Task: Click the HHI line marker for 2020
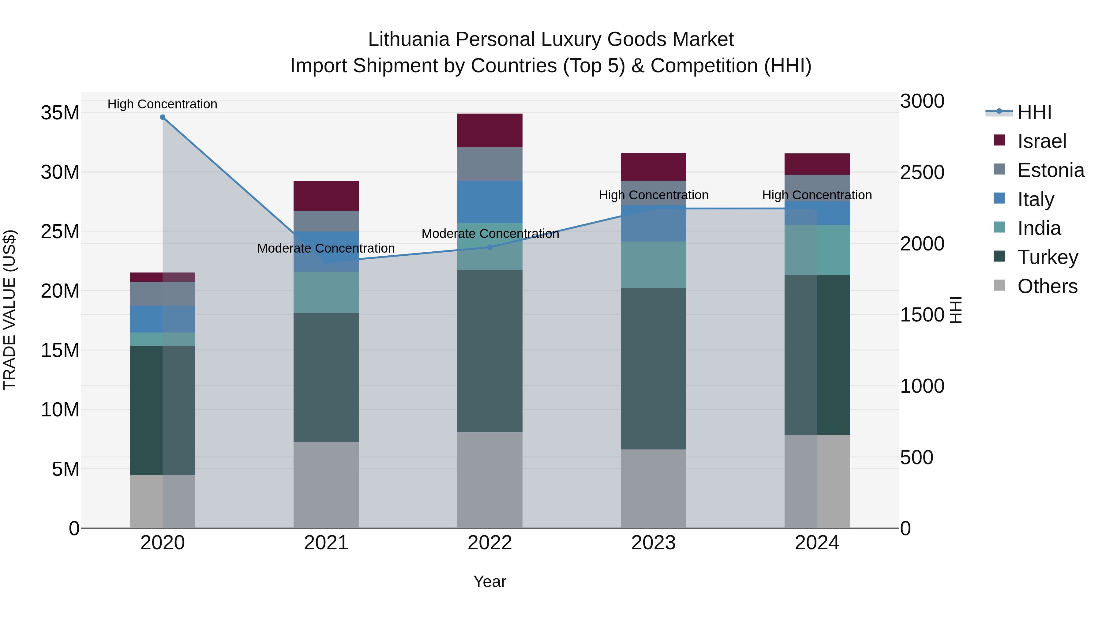[163, 117]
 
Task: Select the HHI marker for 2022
[490, 247]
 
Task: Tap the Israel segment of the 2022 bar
[490, 130]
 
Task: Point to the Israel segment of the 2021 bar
[326, 196]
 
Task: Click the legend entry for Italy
[1035, 199]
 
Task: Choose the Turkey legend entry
[1047, 257]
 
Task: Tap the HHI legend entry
[1034, 112]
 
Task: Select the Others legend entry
[1047, 286]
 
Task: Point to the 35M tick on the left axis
[60, 113]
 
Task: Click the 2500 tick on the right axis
[922, 172]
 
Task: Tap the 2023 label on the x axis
[653, 543]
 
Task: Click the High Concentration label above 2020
[163, 104]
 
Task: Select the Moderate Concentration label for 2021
[326, 248]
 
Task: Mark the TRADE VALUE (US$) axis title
[9, 310]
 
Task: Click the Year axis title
[490, 581]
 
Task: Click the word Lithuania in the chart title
[409, 39]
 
